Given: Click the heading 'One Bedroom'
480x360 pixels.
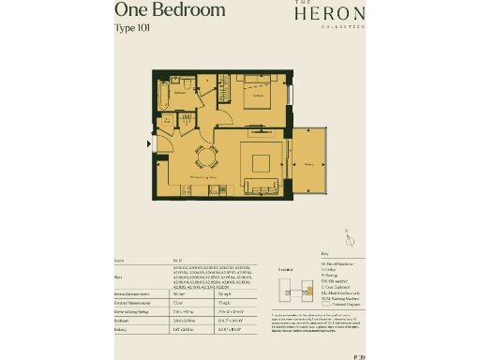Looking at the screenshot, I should pos(170,10).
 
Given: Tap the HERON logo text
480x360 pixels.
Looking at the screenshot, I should pos(325,14).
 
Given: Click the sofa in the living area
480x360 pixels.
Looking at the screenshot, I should pos(262,186).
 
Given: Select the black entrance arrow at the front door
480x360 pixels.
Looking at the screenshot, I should pos(149,143).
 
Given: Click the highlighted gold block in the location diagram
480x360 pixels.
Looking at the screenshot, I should pos(292,285).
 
